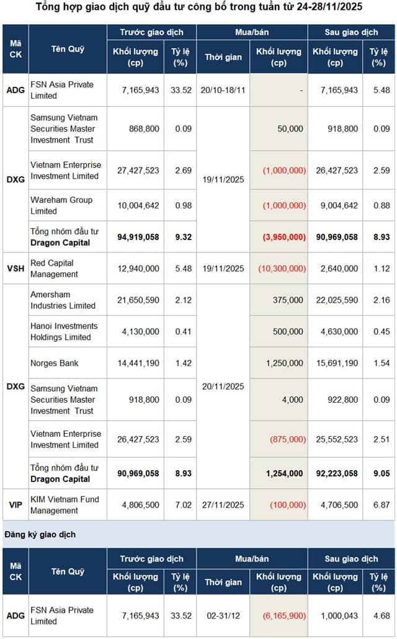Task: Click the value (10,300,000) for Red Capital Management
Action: (282, 269)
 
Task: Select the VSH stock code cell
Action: (16, 269)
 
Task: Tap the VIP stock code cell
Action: (16, 505)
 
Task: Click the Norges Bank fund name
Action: (54, 363)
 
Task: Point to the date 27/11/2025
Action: (223, 505)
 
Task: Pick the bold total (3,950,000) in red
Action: (284, 237)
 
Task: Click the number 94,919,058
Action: (138, 237)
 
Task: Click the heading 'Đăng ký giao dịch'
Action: (40, 534)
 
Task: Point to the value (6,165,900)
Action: (284, 616)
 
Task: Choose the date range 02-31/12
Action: (223, 616)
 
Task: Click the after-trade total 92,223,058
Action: (337, 473)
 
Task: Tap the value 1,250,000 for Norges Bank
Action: (285, 363)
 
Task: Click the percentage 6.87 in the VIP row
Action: (381, 505)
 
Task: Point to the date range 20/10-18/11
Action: (223, 90)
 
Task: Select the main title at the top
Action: (199, 7)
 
